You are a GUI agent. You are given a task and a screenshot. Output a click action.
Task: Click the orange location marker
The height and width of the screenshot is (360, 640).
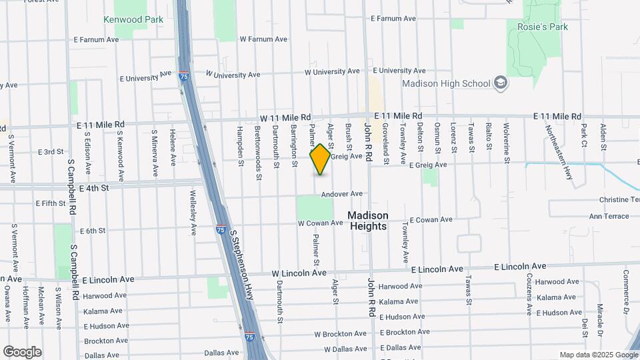(x=321, y=159)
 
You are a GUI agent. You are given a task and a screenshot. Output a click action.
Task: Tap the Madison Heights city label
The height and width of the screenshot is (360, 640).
(x=367, y=221)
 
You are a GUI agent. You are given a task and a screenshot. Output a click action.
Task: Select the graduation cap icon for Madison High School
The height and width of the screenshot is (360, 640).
(x=501, y=83)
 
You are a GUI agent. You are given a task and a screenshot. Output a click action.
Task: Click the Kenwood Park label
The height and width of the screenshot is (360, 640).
(x=133, y=20)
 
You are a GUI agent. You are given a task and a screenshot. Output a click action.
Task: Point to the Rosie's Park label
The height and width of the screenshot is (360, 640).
(x=542, y=27)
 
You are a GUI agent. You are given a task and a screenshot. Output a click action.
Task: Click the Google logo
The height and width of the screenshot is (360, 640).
(x=22, y=351)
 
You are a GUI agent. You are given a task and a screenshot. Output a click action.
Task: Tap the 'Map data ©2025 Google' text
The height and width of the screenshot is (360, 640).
(x=598, y=355)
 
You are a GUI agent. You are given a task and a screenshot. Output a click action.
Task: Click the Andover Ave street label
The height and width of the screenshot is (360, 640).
(x=341, y=194)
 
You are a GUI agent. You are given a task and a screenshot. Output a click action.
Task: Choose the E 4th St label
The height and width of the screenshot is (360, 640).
(x=93, y=189)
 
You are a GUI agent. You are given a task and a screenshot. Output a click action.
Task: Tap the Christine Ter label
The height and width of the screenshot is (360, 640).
(x=619, y=200)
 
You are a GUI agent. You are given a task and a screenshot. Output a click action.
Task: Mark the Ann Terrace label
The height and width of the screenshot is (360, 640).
(x=609, y=216)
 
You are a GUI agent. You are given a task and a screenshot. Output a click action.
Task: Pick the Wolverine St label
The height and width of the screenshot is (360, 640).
(x=507, y=144)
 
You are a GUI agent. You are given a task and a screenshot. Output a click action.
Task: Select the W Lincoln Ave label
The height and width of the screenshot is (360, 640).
(x=299, y=273)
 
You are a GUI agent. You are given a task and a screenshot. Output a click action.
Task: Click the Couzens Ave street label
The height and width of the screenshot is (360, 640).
(x=529, y=294)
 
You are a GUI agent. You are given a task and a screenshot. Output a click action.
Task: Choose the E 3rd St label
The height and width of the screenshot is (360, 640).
(x=50, y=152)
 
